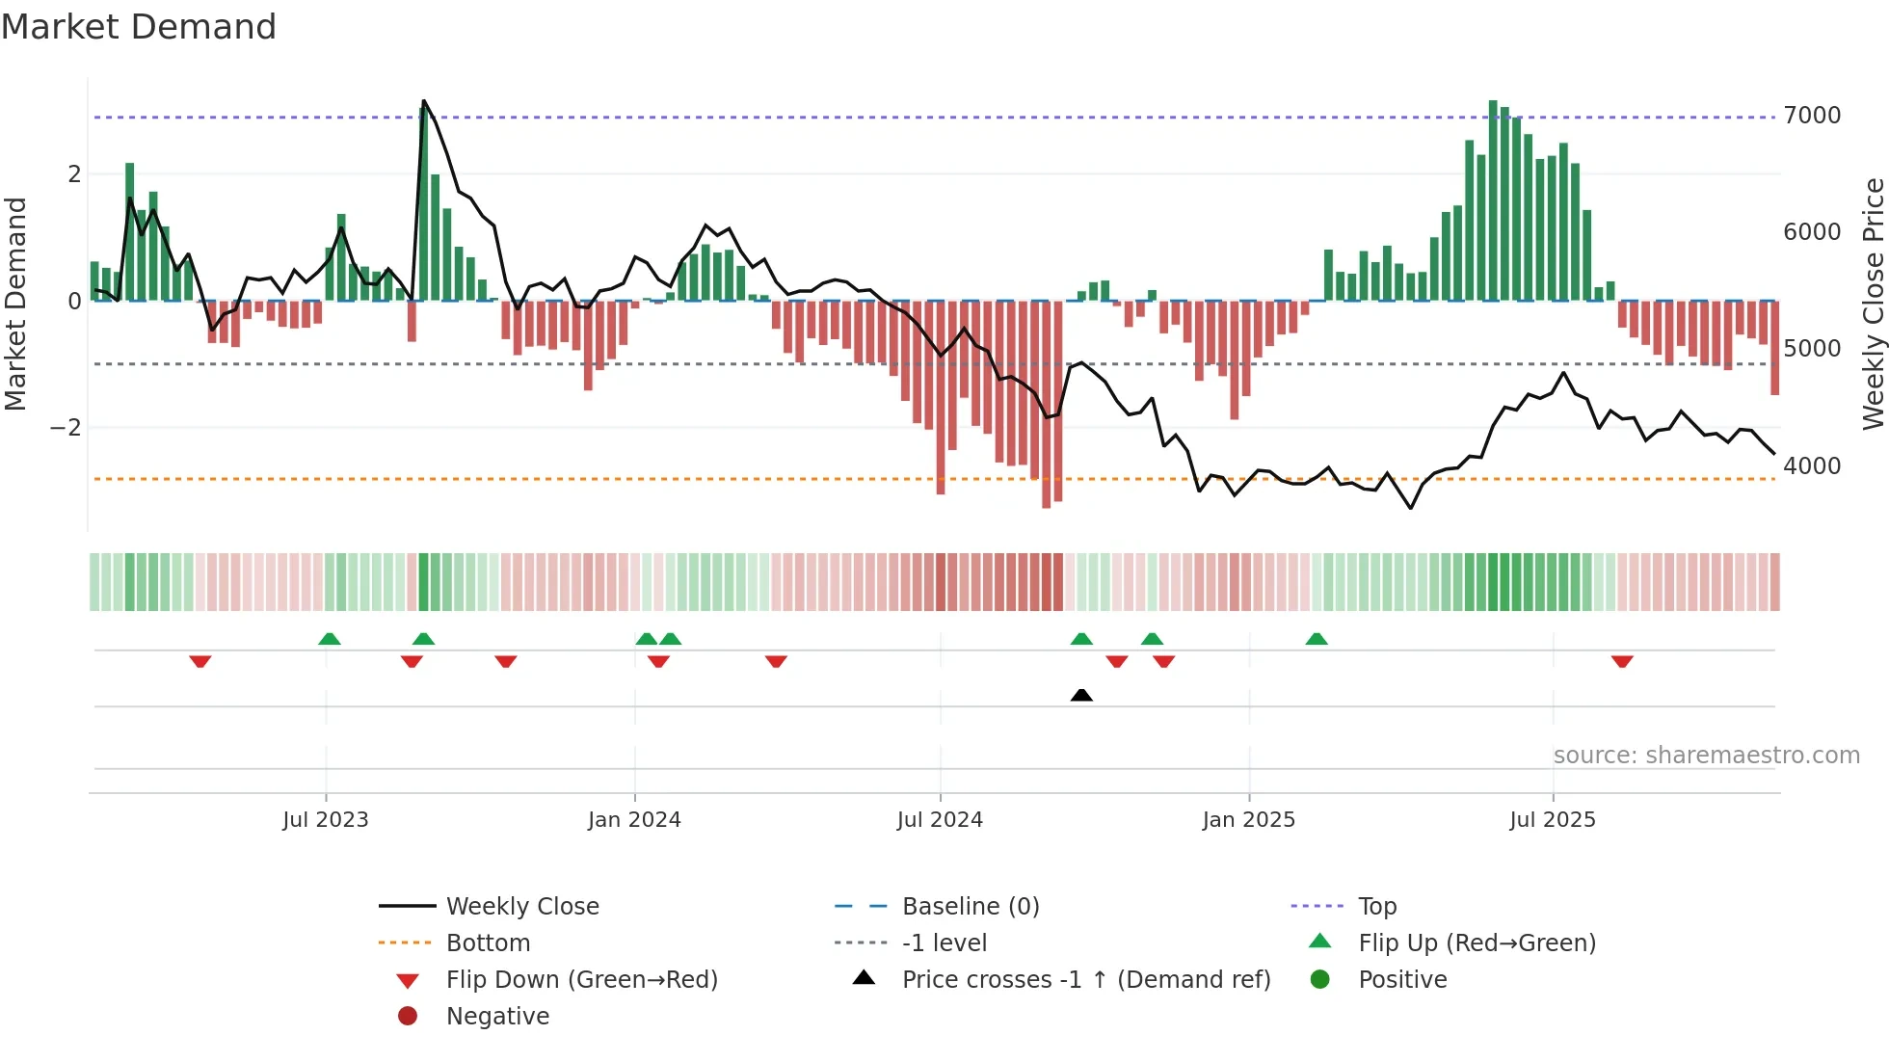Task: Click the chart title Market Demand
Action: click(x=139, y=26)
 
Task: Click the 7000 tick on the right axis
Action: click(x=1812, y=116)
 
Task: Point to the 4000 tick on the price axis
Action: click(x=1812, y=466)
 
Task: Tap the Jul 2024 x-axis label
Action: click(x=940, y=820)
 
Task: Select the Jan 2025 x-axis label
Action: click(x=1248, y=820)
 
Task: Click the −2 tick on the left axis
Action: click(x=66, y=428)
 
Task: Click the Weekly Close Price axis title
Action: click(x=1873, y=304)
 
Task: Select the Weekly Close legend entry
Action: click(x=521, y=907)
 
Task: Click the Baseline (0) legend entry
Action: click(x=970, y=907)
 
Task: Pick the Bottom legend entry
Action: click(x=488, y=943)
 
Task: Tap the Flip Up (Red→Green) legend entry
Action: click(x=1477, y=943)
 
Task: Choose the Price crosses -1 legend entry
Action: click(x=1085, y=980)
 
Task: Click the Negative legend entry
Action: click(x=497, y=1017)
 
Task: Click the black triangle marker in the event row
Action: click(x=1081, y=695)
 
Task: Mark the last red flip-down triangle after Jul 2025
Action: click(x=1622, y=661)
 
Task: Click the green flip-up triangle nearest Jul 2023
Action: click(x=330, y=639)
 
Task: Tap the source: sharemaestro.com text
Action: click(x=1706, y=756)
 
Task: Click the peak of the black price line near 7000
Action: click(x=424, y=101)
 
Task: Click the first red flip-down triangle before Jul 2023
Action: click(x=200, y=661)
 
